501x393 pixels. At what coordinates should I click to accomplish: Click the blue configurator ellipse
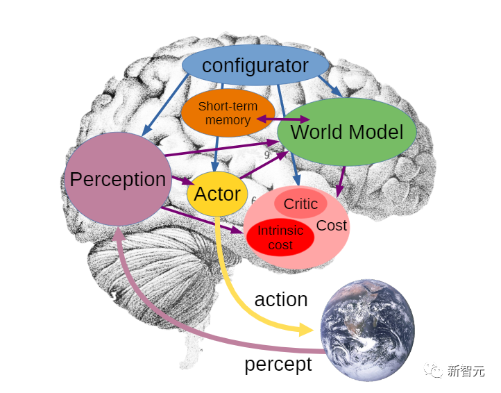point(255,67)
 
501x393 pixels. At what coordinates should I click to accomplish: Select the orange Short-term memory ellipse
point(228,113)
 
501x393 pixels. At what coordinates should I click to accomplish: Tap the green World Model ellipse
point(346,132)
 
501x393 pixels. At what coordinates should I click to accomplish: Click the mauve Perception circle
point(117,179)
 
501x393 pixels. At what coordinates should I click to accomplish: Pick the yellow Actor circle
point(217,194)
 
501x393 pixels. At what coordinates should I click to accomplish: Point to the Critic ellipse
point(300,203)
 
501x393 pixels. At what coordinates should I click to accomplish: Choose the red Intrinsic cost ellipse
point(280,237)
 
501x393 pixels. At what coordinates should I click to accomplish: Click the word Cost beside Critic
point(332,226)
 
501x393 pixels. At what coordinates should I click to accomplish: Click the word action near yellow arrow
point(281,299)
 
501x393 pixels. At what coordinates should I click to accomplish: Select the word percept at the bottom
point(278,364)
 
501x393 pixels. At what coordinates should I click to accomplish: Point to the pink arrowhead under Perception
point(118,232)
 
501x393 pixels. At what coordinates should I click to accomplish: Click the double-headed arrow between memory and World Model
point(284,120)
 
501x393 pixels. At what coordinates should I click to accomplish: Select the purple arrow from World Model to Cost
point(341,181)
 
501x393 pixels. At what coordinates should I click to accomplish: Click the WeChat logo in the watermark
point(434,371)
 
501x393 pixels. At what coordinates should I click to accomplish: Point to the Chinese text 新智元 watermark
point(466,371)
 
